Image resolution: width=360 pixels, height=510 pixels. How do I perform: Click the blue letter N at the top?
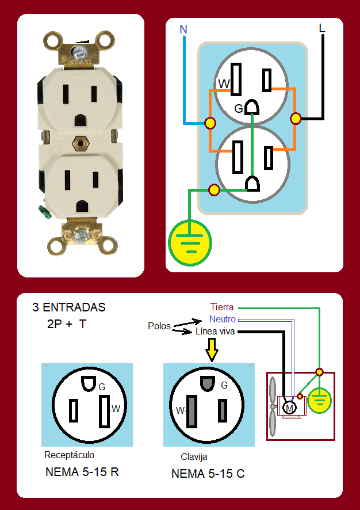(x=183, y=29)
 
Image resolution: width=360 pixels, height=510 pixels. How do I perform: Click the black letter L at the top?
(x=321, y=28)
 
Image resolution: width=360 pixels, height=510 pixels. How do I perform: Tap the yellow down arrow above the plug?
(x=212, y=349)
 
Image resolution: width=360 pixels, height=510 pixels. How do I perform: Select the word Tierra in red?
(x=222, y=307)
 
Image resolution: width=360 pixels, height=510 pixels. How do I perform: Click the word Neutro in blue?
(x=223, y=319)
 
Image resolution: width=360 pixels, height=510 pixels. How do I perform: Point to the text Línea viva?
(x=215, y=331)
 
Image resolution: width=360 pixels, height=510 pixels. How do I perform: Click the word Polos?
(x=159, y=326)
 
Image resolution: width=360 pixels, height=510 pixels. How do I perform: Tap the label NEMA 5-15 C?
(x=208, y=474)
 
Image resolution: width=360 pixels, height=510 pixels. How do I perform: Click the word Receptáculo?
(x=69, y=455)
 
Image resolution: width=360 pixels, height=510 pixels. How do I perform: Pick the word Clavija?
(x=194, y=456)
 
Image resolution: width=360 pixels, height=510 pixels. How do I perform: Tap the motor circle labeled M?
(x=289, y=408)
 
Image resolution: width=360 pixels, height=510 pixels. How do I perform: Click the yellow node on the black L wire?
(x=296, y=119)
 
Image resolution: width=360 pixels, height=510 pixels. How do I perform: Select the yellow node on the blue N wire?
(x=210, y=123)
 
